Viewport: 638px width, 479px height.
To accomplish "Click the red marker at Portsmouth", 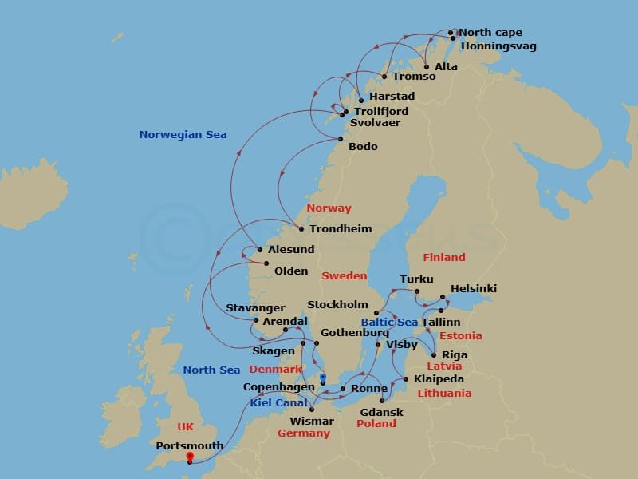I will click(189, 457).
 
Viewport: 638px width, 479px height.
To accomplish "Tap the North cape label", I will click(490, 33).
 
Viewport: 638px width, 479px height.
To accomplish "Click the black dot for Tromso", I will click(384, 77).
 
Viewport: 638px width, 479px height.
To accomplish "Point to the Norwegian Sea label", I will click(183, 135).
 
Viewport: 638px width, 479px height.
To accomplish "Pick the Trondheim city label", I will click(341, 229).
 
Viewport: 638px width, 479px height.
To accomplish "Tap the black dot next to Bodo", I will click(341, 138).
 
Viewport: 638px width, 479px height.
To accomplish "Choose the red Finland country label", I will click(444, 258).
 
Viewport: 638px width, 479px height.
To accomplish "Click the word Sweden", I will click(344, 276).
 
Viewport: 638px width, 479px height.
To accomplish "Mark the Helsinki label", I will click(473, 288).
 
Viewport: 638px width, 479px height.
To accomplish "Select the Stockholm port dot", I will click(376, 313).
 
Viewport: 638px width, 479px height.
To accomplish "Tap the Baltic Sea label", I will click(389, 323).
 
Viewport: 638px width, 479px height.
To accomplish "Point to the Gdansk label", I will click(381, 413).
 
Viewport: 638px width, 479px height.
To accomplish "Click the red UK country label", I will click(185, 427).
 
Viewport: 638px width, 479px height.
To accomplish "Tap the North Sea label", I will click(211, 370).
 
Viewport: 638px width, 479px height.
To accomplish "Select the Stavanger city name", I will click(255, 308).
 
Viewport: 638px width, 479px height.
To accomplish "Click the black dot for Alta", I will click(427, 67).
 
